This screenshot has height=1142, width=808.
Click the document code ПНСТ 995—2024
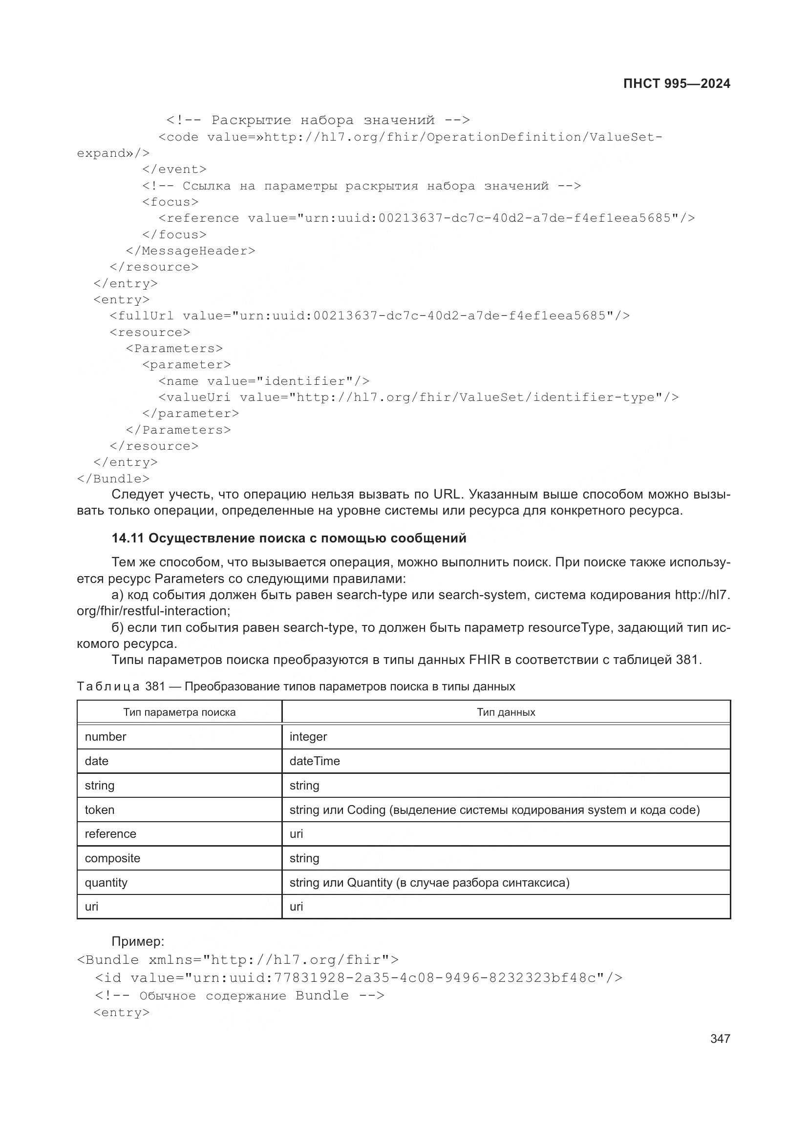tap(676, 83)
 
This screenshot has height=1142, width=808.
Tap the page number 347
tap(720, 1038)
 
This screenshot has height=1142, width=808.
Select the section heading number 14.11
tap(128, 538)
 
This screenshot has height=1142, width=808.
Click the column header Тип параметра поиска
tap(179, 712)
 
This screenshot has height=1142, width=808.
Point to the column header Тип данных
tap(506, 712)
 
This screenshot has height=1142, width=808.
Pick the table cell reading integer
tap(308, 737)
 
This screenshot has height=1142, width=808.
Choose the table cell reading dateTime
tap(315, 761)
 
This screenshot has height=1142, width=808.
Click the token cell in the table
tap(100, 810)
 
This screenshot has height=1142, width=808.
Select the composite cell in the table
tap(112, 858)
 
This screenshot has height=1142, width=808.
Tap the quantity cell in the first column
tap(106, 882)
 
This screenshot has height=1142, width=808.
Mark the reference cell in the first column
tap(110, 833)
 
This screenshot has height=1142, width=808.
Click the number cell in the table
tap(106, 737)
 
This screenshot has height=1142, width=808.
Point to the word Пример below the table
tap(137, 941)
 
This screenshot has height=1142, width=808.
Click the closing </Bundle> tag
tap(113, 478)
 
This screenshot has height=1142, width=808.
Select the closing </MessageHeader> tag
tap(191, 250)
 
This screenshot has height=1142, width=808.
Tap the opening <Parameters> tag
tap(174, 348)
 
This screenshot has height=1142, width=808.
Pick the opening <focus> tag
tap(170, 202)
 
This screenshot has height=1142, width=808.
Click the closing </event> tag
tap(174, 169)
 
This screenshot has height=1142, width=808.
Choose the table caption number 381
tap(155, 686)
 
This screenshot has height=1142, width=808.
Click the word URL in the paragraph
tap(448, 495)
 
